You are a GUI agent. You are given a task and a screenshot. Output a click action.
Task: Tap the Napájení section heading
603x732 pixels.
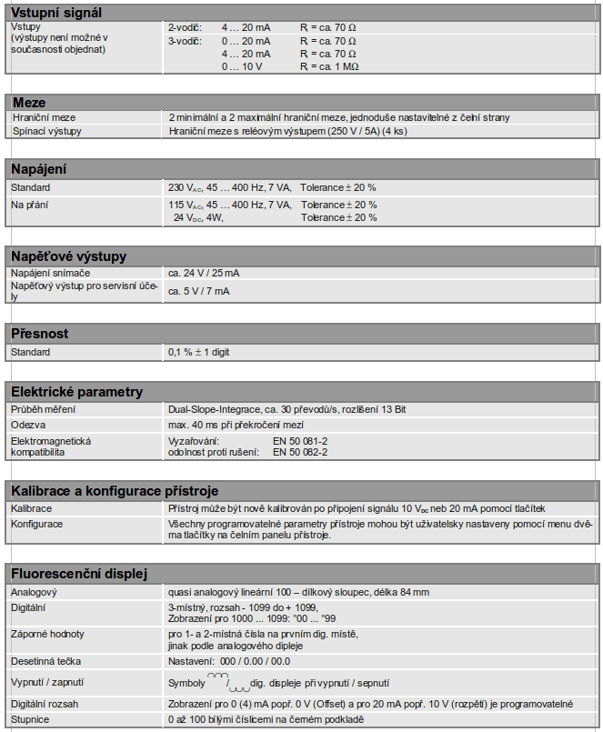[x=38, y=169]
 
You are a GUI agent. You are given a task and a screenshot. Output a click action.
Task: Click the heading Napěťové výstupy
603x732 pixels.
[x=68, y=256]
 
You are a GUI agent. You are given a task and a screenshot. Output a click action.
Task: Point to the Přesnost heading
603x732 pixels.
[x=39, y=334]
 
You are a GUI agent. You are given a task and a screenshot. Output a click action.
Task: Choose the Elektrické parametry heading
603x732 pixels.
[x=76, y=392]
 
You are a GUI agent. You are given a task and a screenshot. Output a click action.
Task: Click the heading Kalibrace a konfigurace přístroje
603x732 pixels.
[x=114, y=490]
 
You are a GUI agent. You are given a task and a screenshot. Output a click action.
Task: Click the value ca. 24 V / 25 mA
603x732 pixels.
[x=204, y=273]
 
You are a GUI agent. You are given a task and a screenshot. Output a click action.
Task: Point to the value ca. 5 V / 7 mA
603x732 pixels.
[x=198, y=291]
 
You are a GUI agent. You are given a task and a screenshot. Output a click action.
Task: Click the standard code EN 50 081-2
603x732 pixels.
[x=300, y=440]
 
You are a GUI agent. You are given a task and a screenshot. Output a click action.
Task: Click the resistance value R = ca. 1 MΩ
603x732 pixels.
[x=328, y=67]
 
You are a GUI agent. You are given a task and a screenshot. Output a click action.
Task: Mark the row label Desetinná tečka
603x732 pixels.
[x=45, y=661]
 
